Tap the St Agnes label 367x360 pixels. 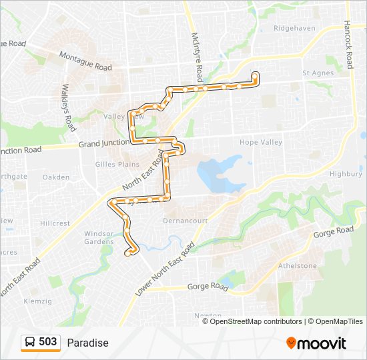point(317,73)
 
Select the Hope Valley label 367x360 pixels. point(261,142)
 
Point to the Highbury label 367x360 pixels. point(346,174)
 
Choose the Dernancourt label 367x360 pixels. point(186,220)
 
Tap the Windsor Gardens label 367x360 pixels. point(99,237)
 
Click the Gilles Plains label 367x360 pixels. point(117,164)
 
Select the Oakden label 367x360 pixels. point(56,177)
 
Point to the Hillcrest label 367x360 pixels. point(55,223)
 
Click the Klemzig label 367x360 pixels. point(37,301)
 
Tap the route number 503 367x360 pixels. point(48,342)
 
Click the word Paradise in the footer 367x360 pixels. point(87,343)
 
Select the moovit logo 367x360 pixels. point(316,343)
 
